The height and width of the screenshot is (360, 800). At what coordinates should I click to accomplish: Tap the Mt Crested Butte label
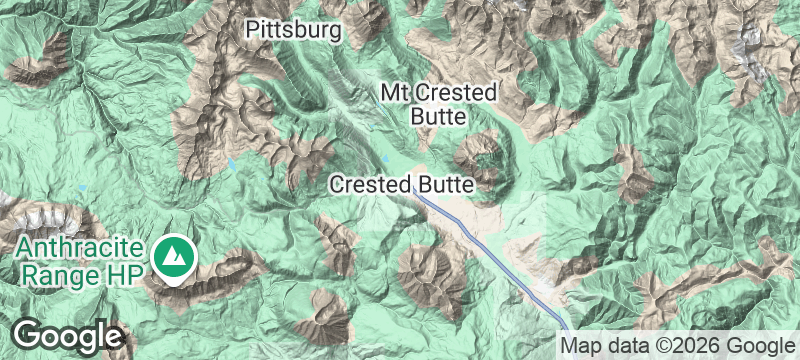click(438, 104)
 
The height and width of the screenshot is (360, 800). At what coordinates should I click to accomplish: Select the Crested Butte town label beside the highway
click(400, 185)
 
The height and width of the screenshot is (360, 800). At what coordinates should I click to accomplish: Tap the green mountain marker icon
click(176, 258)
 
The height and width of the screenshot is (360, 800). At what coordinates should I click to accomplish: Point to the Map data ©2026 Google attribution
click(675, 345)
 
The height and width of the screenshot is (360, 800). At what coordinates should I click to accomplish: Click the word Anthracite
click(82, 246)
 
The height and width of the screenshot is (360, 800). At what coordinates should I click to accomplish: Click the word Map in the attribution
click(579, 345)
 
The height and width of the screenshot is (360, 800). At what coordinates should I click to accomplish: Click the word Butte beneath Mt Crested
click(438, 117)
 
